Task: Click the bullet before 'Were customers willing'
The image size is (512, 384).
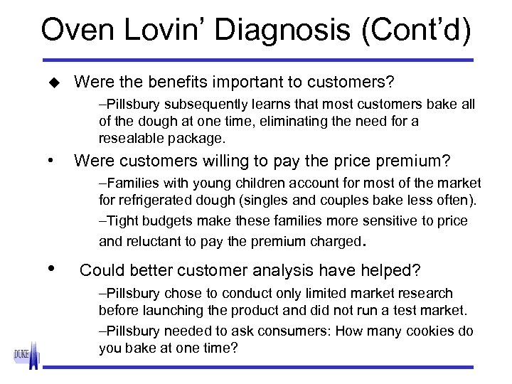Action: point(49,161)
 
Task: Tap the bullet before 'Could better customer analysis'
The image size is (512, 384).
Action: point(50,269)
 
